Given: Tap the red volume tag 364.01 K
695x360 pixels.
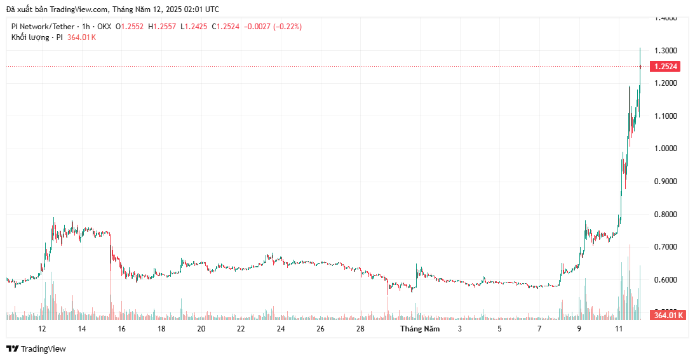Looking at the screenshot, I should click(x=668, y=315).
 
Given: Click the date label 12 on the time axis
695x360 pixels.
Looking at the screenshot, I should click(x=42, y=329).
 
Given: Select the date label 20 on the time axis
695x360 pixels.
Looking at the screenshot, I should click(x=201, y=329).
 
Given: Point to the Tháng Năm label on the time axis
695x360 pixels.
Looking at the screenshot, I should click(x=420, y=329).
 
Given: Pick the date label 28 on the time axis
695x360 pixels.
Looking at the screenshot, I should click(x=360, y=329).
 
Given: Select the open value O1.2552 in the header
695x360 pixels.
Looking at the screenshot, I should click(x=130, y=27).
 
